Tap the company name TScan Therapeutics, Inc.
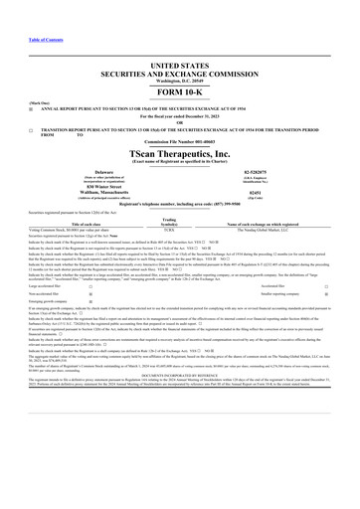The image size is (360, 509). click(180, 157)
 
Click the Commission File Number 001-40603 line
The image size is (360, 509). click(180, 147)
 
